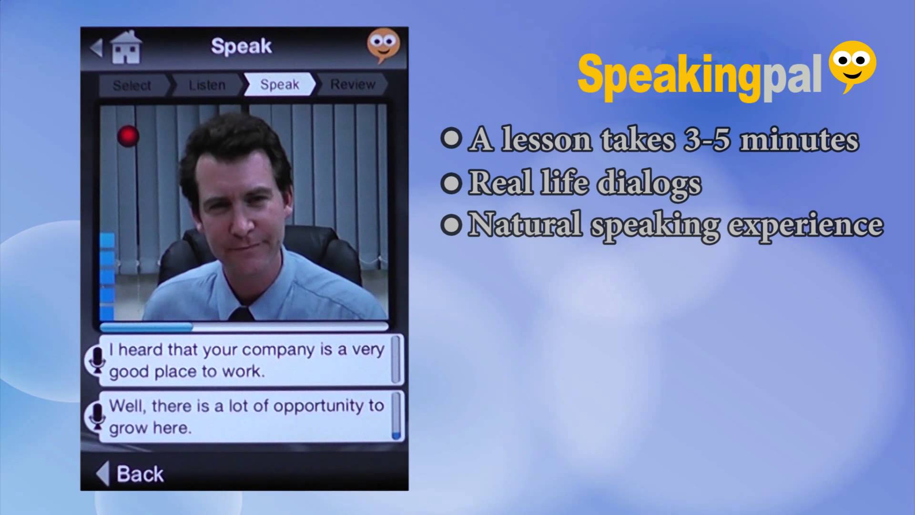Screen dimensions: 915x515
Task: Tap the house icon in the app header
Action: pos(126,48)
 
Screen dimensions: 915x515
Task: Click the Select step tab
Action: pos(132,85)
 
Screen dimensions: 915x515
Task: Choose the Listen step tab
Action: pos(207,85)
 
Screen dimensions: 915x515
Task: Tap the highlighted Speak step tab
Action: pos(280,84)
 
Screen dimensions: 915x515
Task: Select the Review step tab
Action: pos(353,84)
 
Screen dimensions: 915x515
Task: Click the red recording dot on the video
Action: pos(128,136)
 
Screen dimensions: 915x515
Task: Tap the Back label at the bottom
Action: pos(140,474)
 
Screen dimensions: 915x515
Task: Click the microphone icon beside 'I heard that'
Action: pos(97,360)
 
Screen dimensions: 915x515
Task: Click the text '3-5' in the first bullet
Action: pos(707,140)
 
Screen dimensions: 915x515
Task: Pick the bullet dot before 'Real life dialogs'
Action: pos(451,183)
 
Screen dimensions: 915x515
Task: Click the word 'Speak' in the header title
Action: pos(241,46)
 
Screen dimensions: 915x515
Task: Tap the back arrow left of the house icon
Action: pos(96,48)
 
